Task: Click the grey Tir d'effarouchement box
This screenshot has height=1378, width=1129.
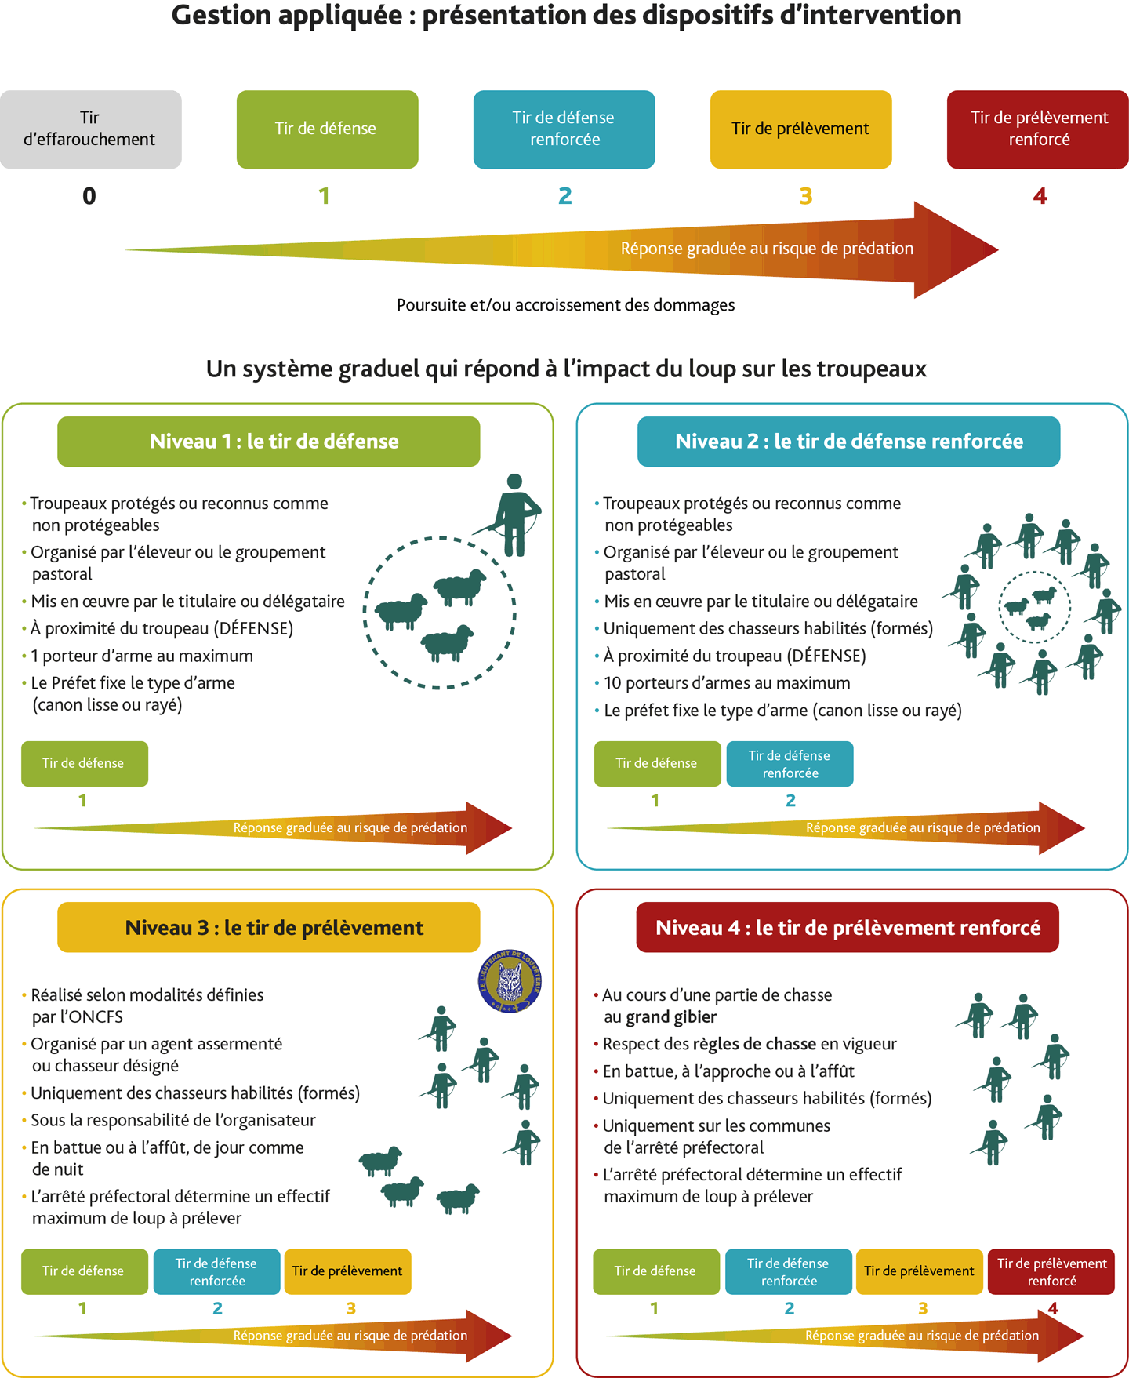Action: (x=91, y=129)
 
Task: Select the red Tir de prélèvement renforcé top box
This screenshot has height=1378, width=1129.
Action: (x=1037, y=129)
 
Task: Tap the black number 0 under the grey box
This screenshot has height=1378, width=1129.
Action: (x=89, y=196)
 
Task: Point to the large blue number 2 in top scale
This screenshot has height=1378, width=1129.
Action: (x=564, y=196)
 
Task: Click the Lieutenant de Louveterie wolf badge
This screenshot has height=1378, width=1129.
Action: (x=510, y=981)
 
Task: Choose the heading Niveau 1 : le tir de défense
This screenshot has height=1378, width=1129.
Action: (x=269, y=442)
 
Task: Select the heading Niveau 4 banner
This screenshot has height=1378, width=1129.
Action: (x=848, y=928)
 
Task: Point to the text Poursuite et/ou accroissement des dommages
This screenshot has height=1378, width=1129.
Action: (x=565, y=305)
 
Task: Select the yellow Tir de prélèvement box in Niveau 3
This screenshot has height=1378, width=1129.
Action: (x=347, y=1271)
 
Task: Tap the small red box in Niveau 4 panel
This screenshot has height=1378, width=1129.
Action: (x=1051, y=1271)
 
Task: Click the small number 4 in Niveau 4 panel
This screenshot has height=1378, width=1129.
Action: (x=1052, y=1308)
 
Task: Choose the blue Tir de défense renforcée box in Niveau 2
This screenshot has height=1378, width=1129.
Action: (x=790, y=764)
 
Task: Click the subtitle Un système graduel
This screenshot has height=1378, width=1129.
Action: (x=566, y=369)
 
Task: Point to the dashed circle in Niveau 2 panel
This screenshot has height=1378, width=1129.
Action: (x=999, y=608)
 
